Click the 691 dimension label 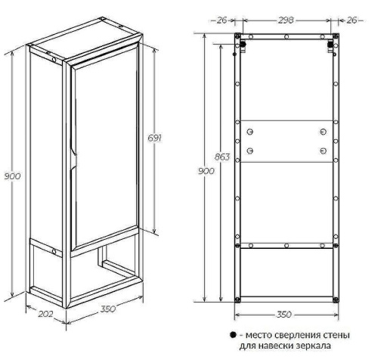154,138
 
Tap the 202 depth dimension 45,314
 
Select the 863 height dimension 222,157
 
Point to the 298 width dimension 286,20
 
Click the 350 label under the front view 284,315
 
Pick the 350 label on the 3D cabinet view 108,309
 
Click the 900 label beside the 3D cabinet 12,176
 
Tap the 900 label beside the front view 206,171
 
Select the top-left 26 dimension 222,20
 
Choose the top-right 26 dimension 352,20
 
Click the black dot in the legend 233,335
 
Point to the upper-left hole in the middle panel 249,132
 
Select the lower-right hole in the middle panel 324,151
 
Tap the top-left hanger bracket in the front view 242,47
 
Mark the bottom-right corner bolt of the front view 336,300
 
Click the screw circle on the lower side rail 54,252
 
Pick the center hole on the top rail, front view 287,37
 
